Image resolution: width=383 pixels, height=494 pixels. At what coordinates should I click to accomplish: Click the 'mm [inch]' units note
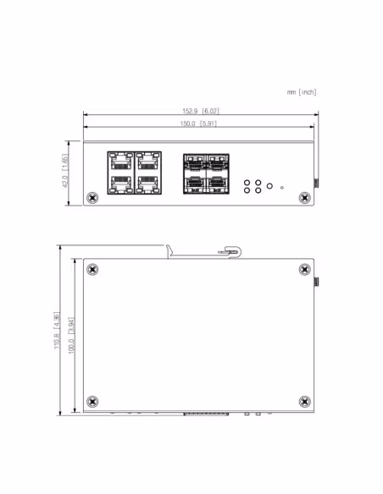[x=302, y=92]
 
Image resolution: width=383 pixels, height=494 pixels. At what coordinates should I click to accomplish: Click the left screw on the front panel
[x=92, y=198]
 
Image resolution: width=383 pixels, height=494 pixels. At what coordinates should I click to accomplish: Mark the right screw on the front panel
[x=305, y=198]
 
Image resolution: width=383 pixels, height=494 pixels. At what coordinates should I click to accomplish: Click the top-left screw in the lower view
[x=92, y=270]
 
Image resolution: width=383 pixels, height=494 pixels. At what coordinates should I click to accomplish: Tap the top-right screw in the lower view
[x=305, y=270]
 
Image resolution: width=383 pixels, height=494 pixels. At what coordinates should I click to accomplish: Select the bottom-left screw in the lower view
[x=92, y=401]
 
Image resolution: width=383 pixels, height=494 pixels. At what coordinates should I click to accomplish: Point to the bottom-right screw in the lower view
[x=305, y=401]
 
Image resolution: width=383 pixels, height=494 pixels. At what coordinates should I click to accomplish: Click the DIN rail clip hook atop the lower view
[x=229, y=251]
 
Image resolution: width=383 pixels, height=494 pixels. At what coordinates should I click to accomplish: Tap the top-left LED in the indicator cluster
[x=247, y=182]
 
